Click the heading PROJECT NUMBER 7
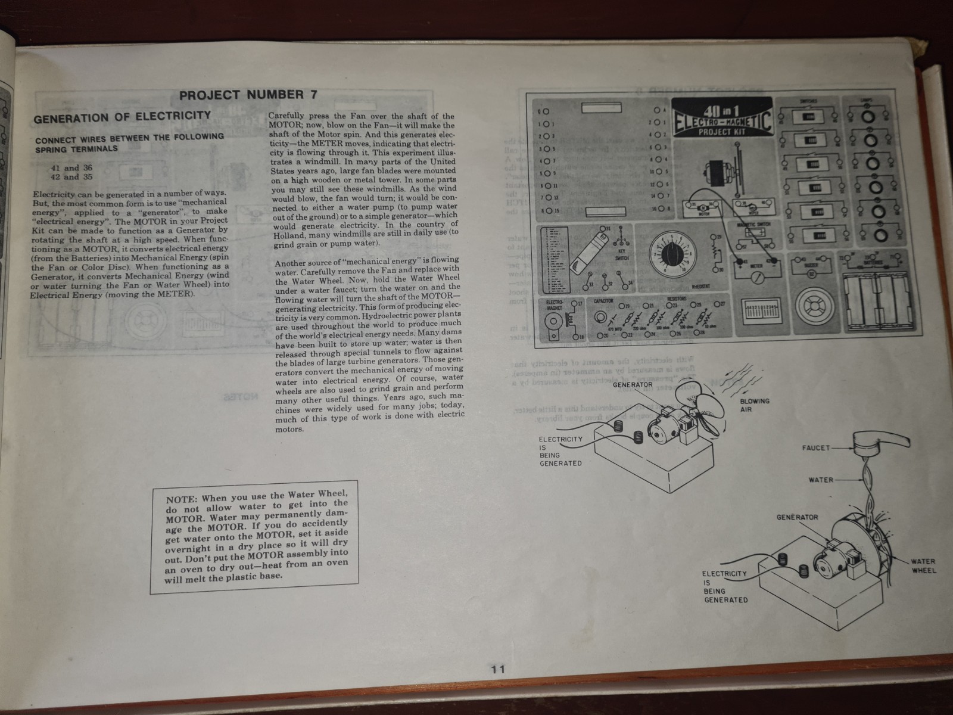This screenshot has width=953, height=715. (248, 95)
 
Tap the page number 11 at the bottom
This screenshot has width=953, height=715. (498, 670)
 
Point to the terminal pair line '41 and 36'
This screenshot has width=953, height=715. (71, 168)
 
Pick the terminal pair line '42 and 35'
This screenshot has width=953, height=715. (71, 177)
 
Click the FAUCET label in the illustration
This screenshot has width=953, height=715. (815, 447)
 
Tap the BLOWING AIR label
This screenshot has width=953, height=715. (755, 405)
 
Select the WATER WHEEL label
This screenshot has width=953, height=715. (923, 565)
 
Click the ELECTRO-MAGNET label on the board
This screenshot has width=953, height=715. (554, 305)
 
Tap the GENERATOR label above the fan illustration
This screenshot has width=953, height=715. (633, 384)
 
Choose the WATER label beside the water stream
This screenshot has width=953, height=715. (820, 480)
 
